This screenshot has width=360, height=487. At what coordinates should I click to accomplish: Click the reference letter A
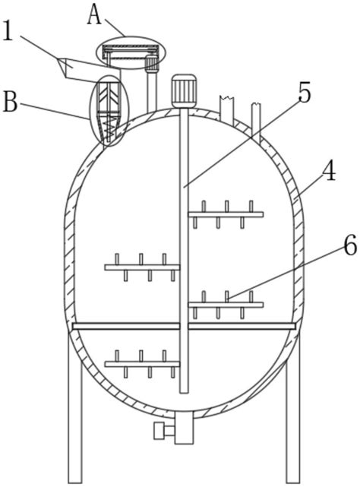(94, 15)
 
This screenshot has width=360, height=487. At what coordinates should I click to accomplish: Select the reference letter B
(10, 102)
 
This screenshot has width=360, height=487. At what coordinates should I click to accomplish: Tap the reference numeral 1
(8, 31)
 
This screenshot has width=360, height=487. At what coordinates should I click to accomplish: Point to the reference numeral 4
(329, 172)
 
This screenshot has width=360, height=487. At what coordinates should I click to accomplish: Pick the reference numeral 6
(350, 247)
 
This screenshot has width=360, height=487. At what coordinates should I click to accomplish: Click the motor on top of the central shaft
(184, 91)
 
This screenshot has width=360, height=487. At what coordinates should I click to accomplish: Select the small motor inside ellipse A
(152, 64)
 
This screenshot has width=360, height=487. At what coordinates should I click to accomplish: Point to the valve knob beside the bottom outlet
(159, 431)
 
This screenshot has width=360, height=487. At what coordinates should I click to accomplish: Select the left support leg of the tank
(75, 410)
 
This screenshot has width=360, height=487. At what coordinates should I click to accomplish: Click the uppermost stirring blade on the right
(226, 214)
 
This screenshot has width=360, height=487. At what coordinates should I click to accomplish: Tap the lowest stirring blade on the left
(142, 364)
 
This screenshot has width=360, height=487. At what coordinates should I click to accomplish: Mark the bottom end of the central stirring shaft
(184, 393)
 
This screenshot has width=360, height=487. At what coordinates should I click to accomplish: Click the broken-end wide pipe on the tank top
(227, 109)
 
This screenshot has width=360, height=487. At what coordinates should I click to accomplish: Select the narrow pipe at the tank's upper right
(256, 119)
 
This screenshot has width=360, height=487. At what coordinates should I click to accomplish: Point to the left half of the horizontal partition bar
(126, 326)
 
